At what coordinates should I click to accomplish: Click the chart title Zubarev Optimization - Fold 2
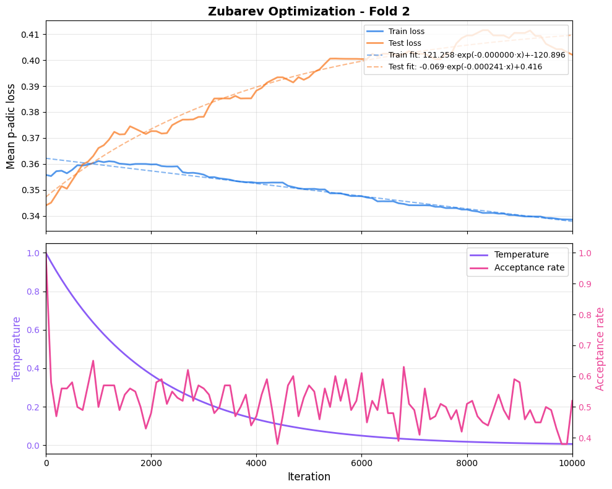[309, 11]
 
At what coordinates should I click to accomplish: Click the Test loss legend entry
[405, 43]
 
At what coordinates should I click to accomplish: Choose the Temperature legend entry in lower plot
[521, 254]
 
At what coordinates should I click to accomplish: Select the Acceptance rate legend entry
[529, 267]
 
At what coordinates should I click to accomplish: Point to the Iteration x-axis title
[309, 477]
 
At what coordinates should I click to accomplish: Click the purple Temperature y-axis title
[17, 348]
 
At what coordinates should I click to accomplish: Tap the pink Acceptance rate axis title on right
[600, 348]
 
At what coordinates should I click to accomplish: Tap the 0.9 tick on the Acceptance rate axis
[584, 284]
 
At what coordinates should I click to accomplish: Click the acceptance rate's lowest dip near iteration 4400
[277, 444]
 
